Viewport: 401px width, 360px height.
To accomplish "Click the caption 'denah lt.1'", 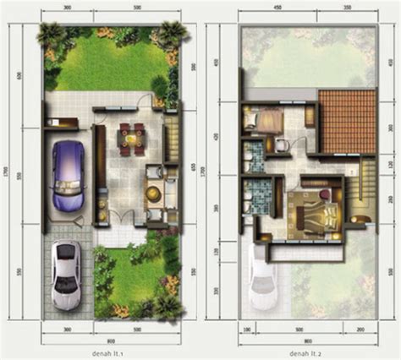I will [112, 351].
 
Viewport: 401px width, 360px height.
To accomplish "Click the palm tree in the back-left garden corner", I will [50, 35].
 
